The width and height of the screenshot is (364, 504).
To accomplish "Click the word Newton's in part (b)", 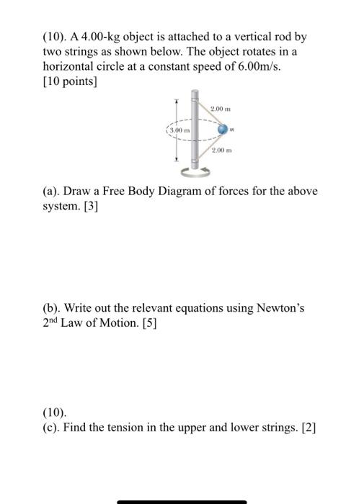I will (278, 308).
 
